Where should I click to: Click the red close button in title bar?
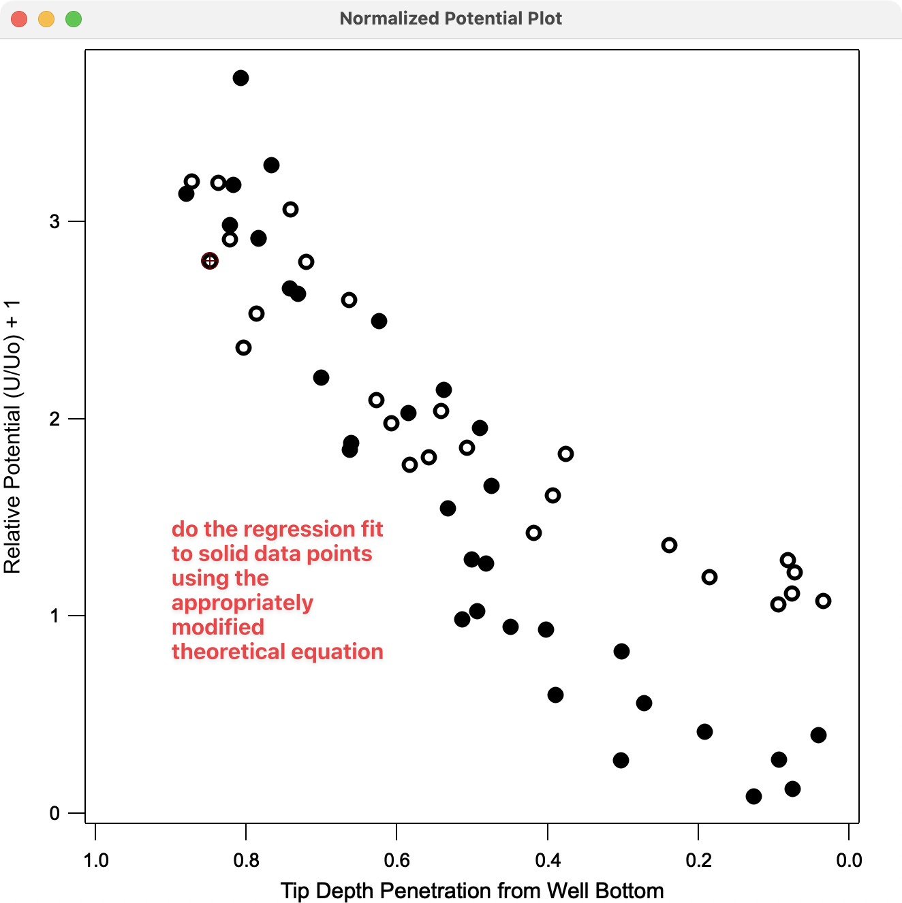tap(19, 19)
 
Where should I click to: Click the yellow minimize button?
tap(46, 19)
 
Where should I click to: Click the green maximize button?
tap(74, 19)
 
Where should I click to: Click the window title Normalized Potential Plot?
tap(450, 18)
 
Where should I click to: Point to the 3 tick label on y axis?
tap(55, 222)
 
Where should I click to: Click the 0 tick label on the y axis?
tap(55, 813)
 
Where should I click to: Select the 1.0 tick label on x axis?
tap(95, 861)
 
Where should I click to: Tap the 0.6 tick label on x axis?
tap(396, 861)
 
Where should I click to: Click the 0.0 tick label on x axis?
tap(848, 861)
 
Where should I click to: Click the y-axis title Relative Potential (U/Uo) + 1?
tap(13, 436)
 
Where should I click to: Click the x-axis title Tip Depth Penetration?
tap(471, 891)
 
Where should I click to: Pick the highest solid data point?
tap(240, 78)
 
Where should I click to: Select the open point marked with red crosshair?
tap(210, 261)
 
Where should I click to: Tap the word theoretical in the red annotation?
tap(230, 652)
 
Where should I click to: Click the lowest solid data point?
tap(753, 796)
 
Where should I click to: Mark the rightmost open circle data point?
tap(823, 601)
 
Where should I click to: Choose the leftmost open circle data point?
tap(191, 181)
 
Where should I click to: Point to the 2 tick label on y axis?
tap(55, 419)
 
